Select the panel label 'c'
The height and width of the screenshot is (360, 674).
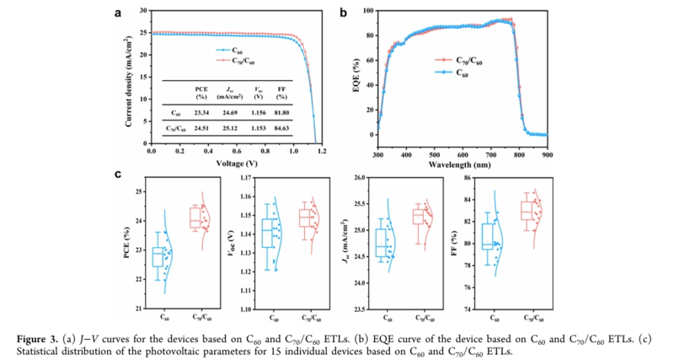pyautogui.click(x=118, y=175)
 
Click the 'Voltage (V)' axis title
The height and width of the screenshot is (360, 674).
pyautogui.click(x=235, y=163)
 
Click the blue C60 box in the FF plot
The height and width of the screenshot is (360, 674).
pyautogui.click(x=488, y=236)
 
